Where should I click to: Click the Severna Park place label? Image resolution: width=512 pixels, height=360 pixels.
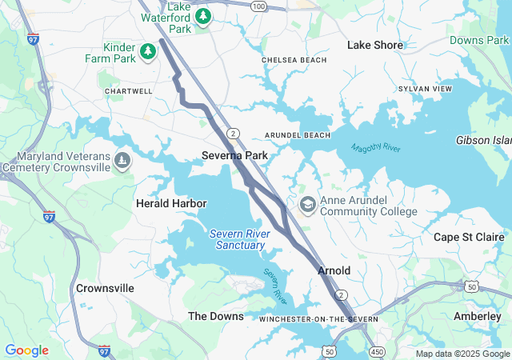click(x=234, y=154)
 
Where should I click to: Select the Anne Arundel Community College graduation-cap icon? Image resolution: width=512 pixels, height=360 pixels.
click(x=307, y=206)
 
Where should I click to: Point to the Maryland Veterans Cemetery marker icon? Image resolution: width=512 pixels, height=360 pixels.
click(x=122, y=162)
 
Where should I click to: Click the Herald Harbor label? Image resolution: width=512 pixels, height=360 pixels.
click(x=171, y=204)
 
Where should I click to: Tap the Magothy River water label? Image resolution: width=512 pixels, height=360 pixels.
click(x=375, y=148)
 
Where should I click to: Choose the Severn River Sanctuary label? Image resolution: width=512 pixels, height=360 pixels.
click(x=240, y=239)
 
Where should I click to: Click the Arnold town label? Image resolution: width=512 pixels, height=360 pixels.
click(x=334, y=270)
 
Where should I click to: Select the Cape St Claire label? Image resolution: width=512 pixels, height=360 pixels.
click(x=469, y=237)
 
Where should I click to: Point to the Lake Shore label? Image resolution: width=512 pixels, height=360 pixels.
click(x=375, y=46)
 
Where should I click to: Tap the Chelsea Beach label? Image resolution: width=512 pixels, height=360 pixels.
click(x=294, y=60)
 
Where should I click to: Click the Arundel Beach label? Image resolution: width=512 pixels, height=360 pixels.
click(x=298, y=135)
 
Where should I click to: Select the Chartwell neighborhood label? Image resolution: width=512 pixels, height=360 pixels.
click(x=129, y=91)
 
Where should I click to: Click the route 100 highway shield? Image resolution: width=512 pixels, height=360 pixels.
click(x=258, y=6)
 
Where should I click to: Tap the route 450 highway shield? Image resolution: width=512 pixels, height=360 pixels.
click(x=376, y=351)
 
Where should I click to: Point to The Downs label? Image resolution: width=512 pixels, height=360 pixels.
click(x=215, y=316)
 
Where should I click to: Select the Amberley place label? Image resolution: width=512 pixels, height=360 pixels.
click(x=477, y=316)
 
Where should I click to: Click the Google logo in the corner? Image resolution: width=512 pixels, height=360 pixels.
click(x=26, y=350)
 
